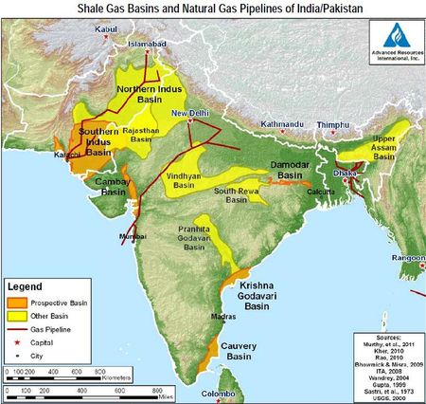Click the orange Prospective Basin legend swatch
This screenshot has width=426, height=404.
20,302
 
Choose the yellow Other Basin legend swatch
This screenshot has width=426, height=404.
20,315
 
